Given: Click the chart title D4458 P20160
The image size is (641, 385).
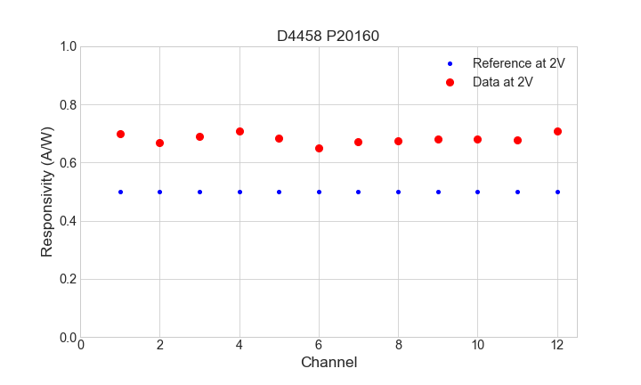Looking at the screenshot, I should (x=329, y=36).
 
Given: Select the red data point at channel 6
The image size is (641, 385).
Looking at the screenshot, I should (x=319, y=148).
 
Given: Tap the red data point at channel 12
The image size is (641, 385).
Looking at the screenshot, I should (x=557, y=131).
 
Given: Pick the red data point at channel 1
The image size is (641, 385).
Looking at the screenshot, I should (x=120, y=134).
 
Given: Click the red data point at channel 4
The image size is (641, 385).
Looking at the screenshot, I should (x=239, y=131).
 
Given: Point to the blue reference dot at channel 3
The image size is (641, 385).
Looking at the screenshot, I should (x=199, y=192).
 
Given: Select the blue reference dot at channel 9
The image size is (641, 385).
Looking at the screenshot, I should (x=438, y=192).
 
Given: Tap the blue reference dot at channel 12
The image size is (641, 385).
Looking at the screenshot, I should (x=557, y=192).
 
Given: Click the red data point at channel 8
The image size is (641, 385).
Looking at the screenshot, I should (x=398, y=141).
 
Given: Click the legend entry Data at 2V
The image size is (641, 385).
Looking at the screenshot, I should (x=502, y=82).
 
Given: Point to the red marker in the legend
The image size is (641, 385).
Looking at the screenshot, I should (x=450, y=82).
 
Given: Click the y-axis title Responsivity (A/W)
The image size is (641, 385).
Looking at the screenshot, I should (x=47, y=192).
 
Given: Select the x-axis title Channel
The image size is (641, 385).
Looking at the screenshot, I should (x=329, y=363).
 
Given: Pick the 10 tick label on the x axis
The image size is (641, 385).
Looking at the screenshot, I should (x=477, y=345).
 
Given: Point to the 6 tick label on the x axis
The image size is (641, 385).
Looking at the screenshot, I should (x=319, y=345).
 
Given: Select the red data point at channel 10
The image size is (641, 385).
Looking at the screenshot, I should (x=477, y=139).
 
